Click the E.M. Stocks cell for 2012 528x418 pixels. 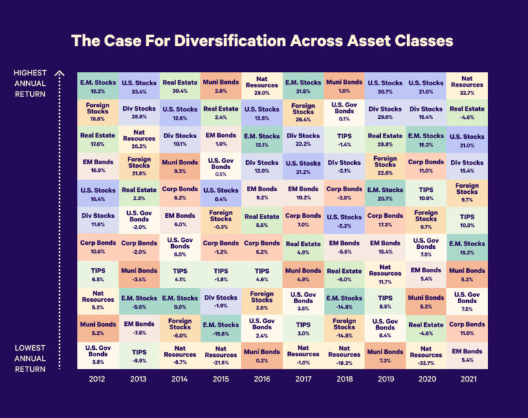click(98, 86)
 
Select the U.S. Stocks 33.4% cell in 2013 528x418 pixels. click(139, 86)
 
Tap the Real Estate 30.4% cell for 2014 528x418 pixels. click(180, 86)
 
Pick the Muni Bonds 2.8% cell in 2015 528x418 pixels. click(221, 86)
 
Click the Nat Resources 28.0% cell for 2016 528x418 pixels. click(262, 86)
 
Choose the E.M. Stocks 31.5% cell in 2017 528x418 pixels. click(303, 86)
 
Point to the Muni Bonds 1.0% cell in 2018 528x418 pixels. click(344, 86)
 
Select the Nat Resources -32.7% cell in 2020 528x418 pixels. click(426, 355)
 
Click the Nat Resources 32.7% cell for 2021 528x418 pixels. click(467, 86)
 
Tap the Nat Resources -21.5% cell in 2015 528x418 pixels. click(221, 355)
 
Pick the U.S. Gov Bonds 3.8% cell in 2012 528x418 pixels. click(98, 355)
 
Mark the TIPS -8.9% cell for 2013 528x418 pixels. click(139, 355)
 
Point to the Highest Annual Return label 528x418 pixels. click(30, 83)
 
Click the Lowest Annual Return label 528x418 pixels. click(30, 358)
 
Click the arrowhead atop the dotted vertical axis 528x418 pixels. click(59, 71)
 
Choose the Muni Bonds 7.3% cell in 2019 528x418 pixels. click(385, 355)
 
